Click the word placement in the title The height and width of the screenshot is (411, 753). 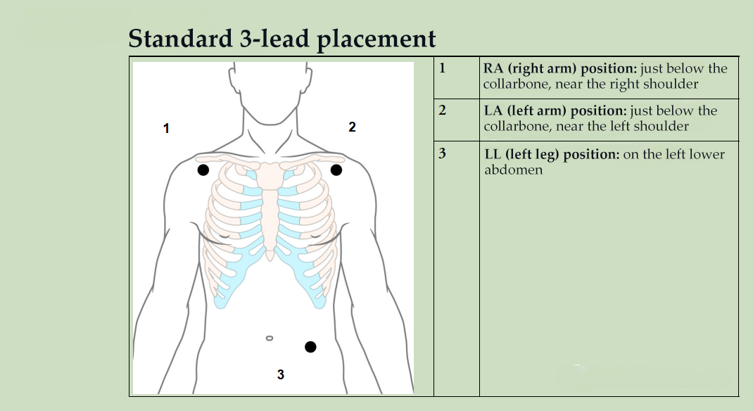376,39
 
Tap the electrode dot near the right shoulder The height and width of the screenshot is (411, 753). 203,170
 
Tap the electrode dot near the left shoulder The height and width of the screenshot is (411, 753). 336,170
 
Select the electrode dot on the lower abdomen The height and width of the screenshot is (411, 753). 310,346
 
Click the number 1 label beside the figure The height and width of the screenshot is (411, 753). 166,128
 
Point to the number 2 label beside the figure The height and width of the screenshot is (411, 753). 352,127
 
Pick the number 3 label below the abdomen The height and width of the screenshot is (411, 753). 281,374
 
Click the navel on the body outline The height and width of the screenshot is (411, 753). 270,339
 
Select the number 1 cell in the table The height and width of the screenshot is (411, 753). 442,68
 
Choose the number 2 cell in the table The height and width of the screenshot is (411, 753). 442,110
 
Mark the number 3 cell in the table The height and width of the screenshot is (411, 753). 442,153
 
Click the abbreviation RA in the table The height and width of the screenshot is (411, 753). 493,69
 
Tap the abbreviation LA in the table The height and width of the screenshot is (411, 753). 493,111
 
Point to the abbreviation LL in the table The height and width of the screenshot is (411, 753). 493,155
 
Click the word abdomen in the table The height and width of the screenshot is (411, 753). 514,170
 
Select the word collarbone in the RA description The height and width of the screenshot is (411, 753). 514,84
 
